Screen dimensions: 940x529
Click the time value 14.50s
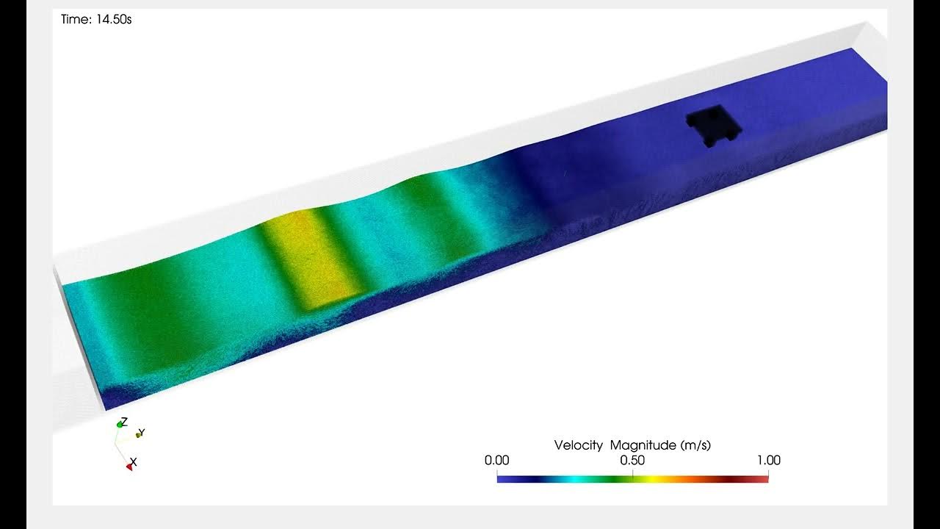114,19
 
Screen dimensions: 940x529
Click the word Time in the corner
76,19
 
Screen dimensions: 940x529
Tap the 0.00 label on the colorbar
496,460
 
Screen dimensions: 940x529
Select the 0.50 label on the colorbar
632,460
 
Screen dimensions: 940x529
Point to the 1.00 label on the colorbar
769,460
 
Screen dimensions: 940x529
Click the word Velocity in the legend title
578,445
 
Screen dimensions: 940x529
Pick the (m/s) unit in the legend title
695,445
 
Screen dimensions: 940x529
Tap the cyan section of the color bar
575,479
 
